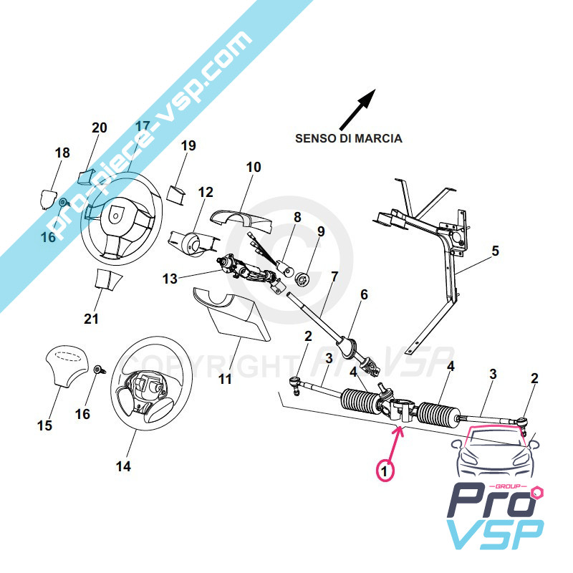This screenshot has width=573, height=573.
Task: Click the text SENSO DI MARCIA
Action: [349, 138]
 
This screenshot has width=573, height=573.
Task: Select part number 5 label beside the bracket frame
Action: [495, 251]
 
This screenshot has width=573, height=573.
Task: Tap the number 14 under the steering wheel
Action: [123, 466]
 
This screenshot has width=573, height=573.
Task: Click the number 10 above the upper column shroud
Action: [254, 168]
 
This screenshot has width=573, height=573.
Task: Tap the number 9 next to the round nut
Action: [321, 231]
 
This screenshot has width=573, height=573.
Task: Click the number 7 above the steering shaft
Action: [334, 277]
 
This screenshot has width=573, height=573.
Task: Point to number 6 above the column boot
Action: [363, 294]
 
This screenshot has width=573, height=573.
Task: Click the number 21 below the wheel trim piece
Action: [91, 319]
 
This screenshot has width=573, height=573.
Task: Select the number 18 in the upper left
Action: [62, 153]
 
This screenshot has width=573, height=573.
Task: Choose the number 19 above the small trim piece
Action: [188, 146]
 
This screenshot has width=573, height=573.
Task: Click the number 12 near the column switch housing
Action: [206, 192]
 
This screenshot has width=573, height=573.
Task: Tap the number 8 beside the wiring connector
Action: [297, 217]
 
